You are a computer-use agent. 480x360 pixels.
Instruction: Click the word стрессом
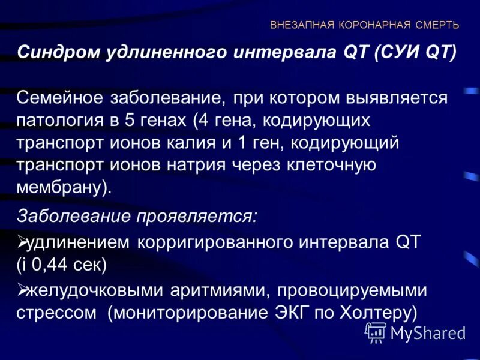point(58,313)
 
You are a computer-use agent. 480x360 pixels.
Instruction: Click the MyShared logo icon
point(376,332)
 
